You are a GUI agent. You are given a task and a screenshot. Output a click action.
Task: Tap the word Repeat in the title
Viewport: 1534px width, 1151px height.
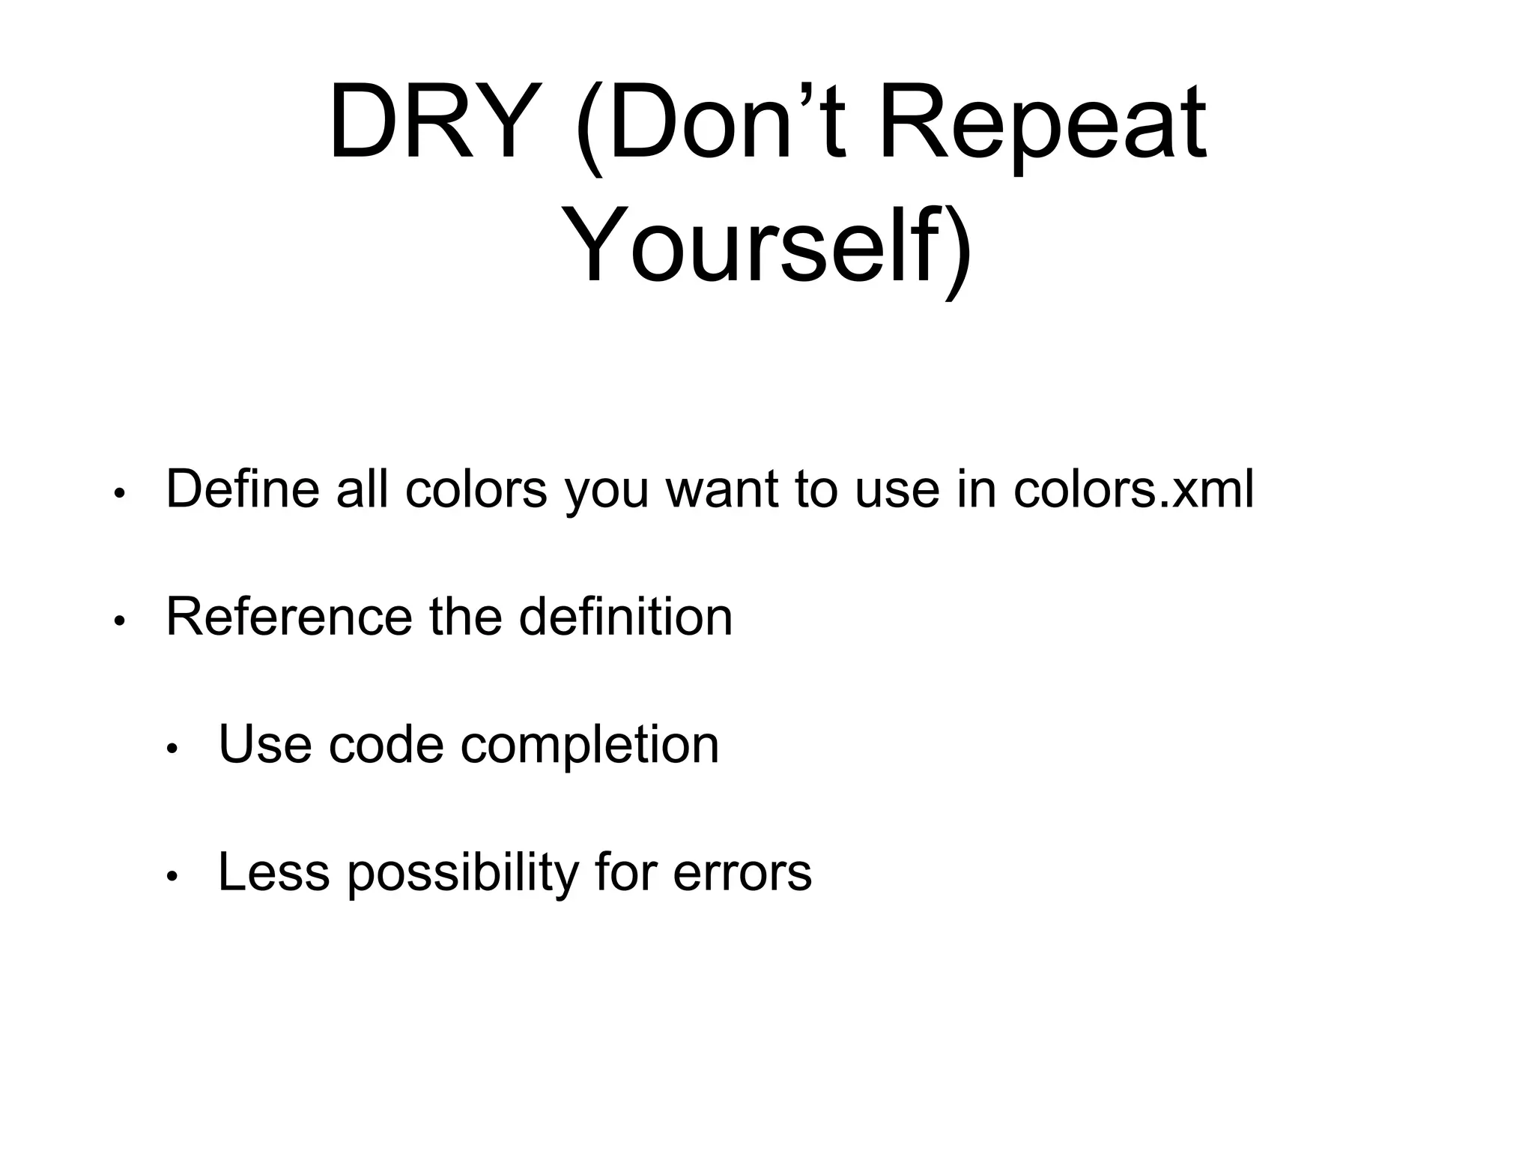[1041, 123]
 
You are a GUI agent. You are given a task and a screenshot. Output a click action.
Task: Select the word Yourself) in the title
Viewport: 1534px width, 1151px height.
[767, 247]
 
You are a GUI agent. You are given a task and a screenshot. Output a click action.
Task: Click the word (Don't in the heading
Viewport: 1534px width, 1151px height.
[712, 123]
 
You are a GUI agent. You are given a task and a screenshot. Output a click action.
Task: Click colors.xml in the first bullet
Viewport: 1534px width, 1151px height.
[1133, 489]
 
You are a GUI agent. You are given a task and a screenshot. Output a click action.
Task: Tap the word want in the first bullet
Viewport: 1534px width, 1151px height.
[721, 489]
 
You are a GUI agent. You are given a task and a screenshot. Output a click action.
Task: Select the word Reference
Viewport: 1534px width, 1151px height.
[288, 617]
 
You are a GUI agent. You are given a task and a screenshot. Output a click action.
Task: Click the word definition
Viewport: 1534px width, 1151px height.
[625, 617]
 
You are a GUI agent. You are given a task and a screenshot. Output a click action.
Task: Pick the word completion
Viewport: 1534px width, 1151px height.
[589, 745]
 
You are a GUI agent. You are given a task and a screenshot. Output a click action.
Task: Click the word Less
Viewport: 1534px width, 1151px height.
[273, 872]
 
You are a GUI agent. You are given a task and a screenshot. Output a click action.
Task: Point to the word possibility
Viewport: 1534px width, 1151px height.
[463, 872]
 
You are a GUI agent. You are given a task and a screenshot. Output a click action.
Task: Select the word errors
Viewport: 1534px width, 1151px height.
[742, 872]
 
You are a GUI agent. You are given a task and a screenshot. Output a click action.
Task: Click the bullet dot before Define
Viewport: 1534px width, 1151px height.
[119, 494]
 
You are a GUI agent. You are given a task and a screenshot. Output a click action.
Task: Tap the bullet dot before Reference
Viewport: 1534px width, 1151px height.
[119, 621]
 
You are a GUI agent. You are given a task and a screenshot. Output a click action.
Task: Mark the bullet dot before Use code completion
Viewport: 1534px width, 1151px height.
[172, 749]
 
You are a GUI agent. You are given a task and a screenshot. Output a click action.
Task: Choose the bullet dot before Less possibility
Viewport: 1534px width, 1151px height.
[172, 877]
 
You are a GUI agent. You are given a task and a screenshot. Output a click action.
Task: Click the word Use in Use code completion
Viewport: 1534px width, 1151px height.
[264, 745]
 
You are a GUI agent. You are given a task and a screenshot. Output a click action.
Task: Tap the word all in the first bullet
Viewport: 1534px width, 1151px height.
[362, 489]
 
